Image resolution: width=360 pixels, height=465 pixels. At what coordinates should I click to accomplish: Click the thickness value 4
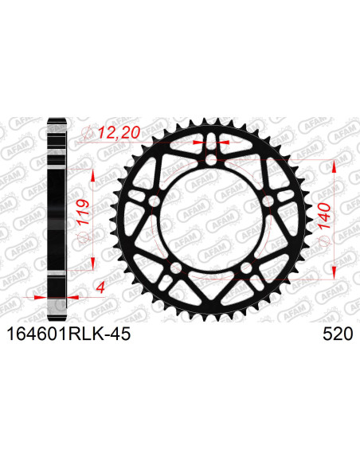click(x=83, y=284)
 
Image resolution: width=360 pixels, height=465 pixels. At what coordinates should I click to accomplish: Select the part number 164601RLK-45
click(x=68, y=336)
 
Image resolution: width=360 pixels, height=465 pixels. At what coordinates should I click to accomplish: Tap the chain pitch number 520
click(x=336, y=336)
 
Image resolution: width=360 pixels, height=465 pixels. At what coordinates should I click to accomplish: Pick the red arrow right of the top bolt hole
click(x=224, y=142)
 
